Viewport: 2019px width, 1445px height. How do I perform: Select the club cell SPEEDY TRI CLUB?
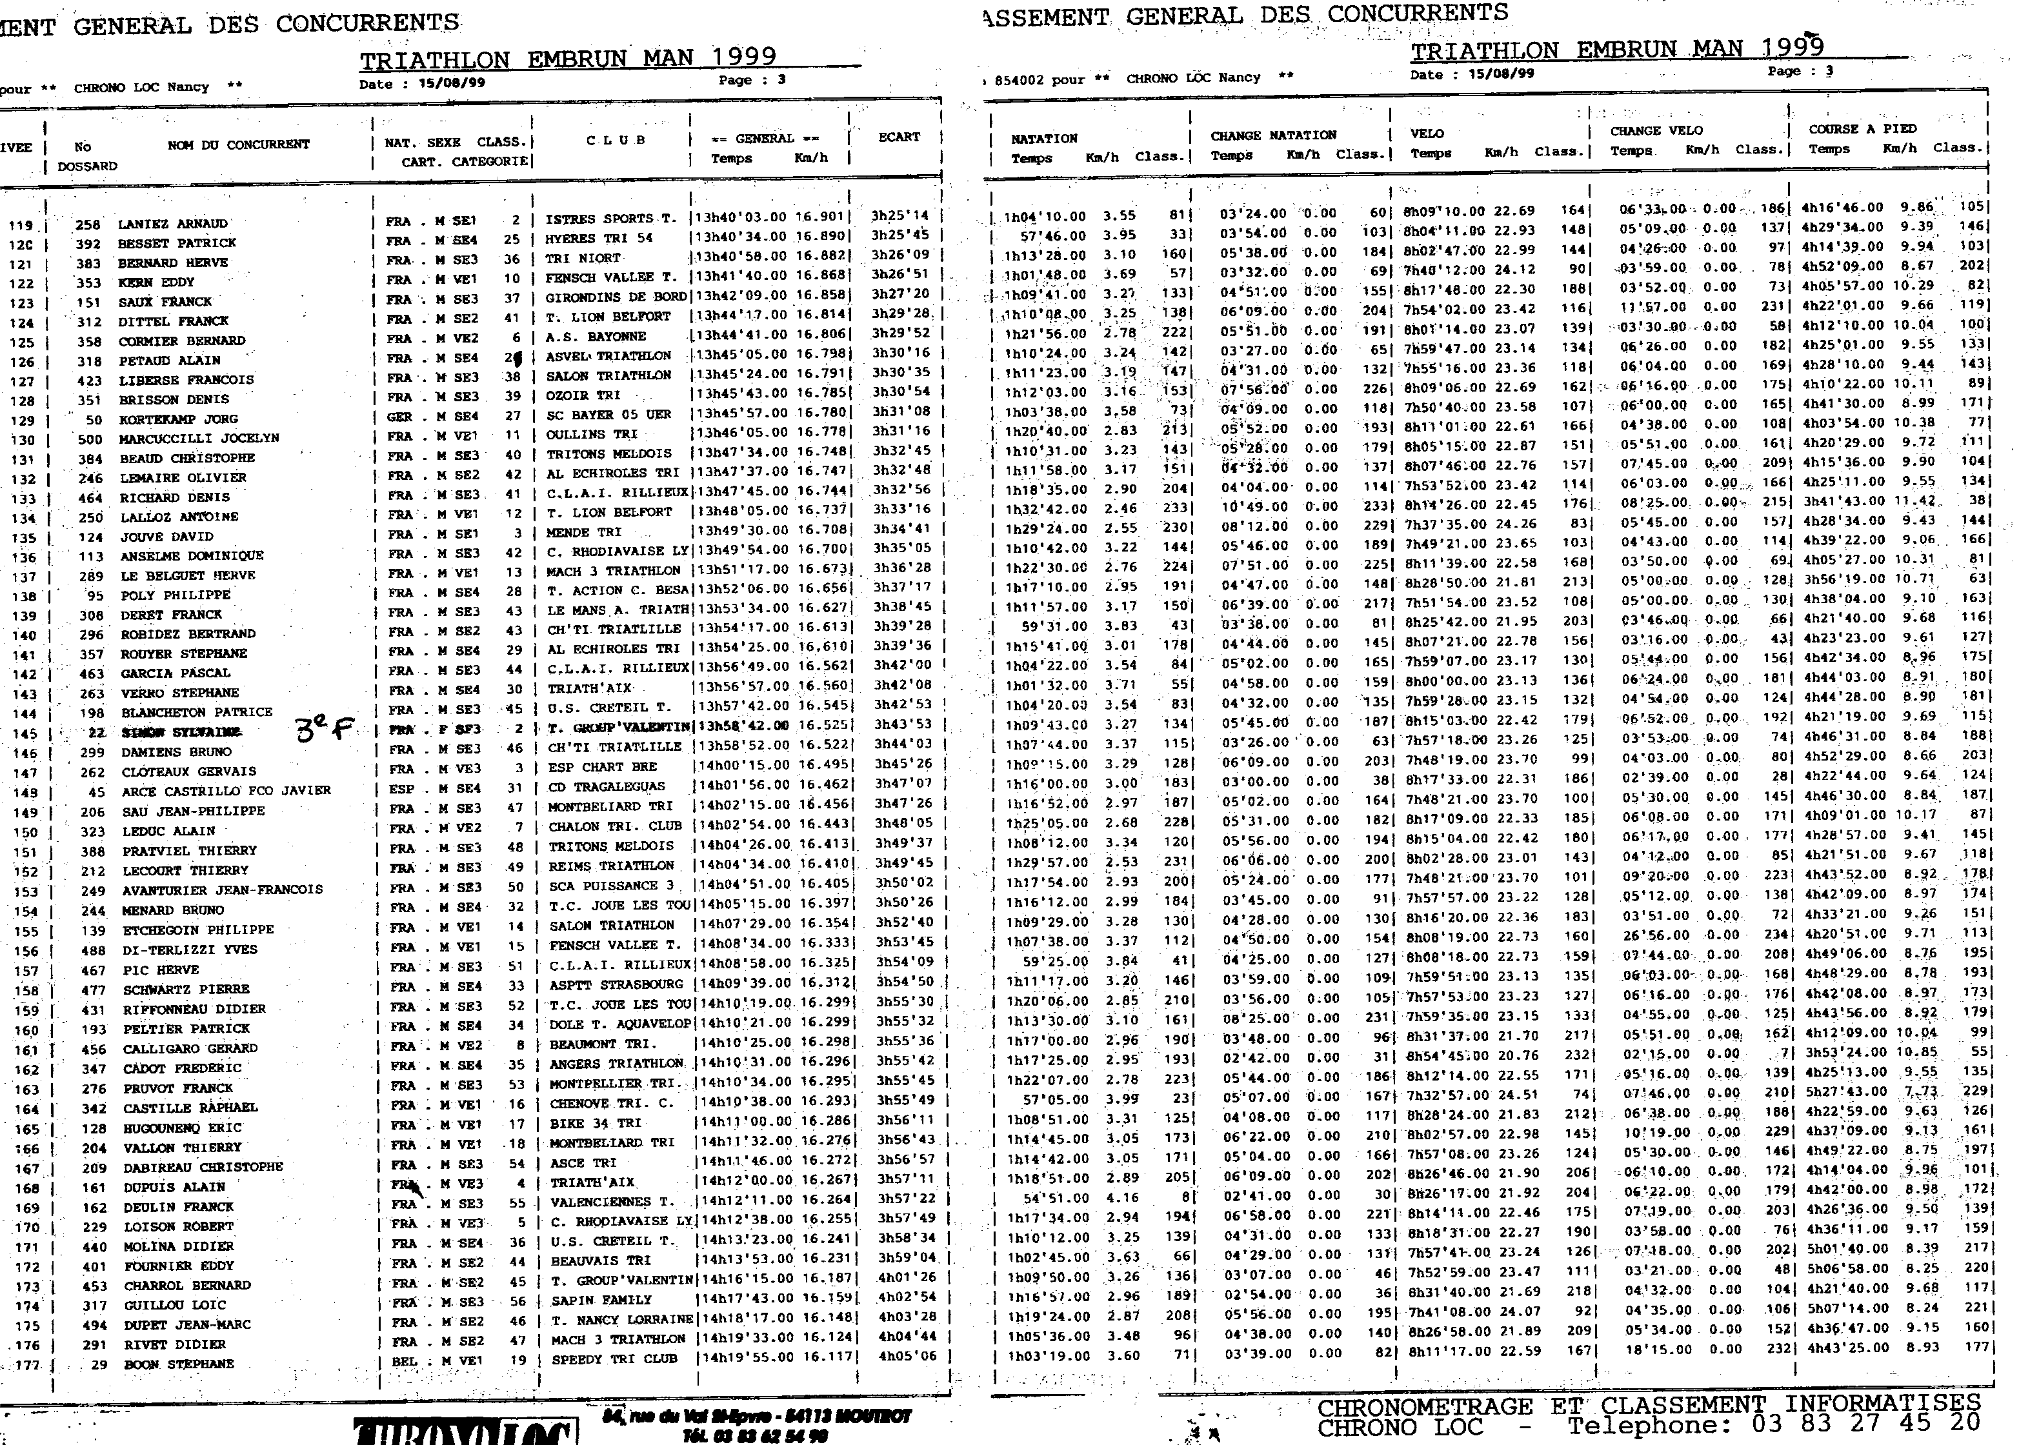coord(613,1359)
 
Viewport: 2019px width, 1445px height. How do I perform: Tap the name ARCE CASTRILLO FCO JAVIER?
coord(226,790)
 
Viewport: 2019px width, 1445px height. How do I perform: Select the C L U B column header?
coord(615,141)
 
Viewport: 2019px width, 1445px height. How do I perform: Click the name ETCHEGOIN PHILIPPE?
coord(197,930)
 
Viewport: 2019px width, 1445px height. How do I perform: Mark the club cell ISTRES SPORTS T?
coord(610,219)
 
